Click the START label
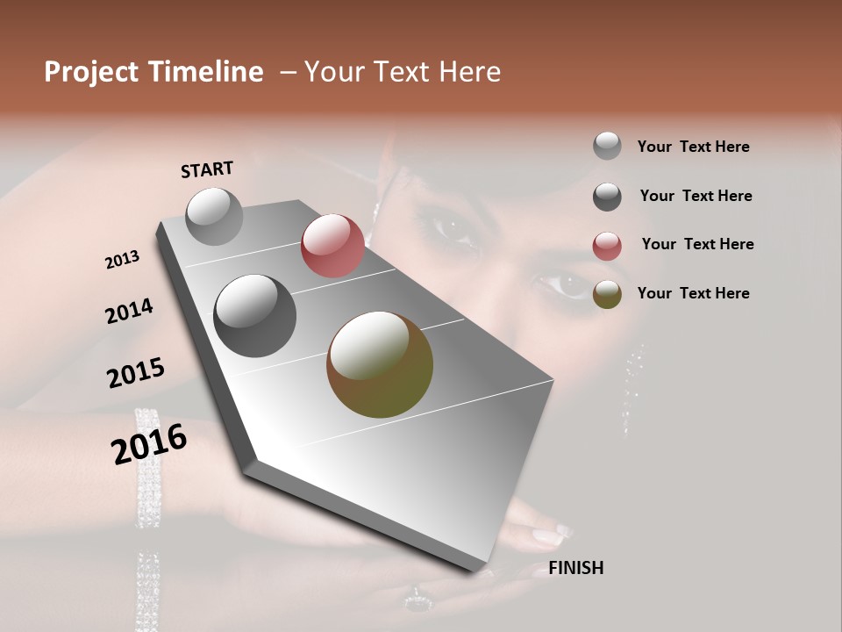click(x=207, y=169)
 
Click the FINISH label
click(x=575, y=568)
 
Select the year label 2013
click(x=123, y=260)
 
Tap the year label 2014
click(x=129, y=312)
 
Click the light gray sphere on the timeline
click(x=214, y=216)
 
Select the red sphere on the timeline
click(x=332, y=246)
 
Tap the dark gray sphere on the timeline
click(x=254, y=316)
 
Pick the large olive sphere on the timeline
click(x=380, y=364)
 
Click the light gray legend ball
click(x=607, y=146)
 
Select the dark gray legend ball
click(x=607, y=197)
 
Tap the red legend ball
click(x=607, y=246)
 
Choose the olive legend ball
click(x=607, y=294)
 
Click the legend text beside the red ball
click(x=697, y=244)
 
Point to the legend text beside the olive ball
click(x=693, y=293)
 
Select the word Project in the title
click(x=89, y=72)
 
